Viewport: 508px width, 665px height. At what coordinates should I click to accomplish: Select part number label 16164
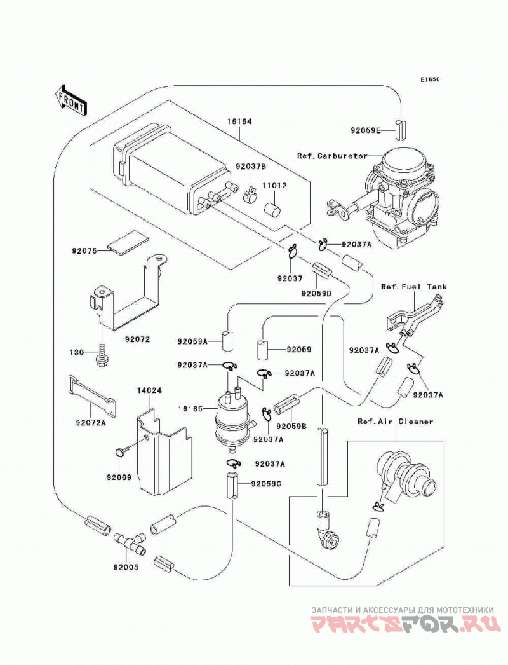coord(239,121)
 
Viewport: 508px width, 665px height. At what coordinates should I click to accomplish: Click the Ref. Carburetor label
coord(332,156)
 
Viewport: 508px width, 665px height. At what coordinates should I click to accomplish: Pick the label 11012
coord(274,186)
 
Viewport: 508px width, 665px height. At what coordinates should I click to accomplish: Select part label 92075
coord(84,250)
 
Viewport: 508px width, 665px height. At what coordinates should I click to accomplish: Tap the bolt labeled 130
coord(102,357)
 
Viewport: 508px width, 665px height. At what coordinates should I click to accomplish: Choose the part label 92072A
coord(91,422)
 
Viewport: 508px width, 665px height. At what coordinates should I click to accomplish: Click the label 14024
coord(150,390)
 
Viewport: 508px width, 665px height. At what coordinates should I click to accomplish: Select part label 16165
coord(190,409)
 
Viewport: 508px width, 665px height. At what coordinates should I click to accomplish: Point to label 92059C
coord(267,483)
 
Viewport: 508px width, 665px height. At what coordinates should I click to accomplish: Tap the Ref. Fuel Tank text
coord(414,287)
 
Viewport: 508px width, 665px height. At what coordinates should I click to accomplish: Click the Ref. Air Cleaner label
coord(396,421)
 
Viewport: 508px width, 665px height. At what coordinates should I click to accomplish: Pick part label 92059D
coord(316,292)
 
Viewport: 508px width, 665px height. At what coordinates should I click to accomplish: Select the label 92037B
coord(251,167)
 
